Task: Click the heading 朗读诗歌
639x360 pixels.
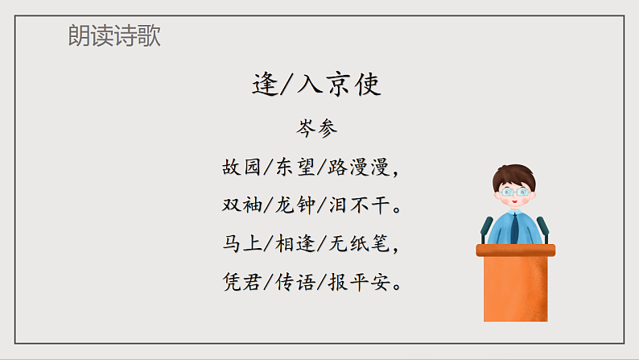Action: point(114,36)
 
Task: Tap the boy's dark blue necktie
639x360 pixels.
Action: point(514,229)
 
